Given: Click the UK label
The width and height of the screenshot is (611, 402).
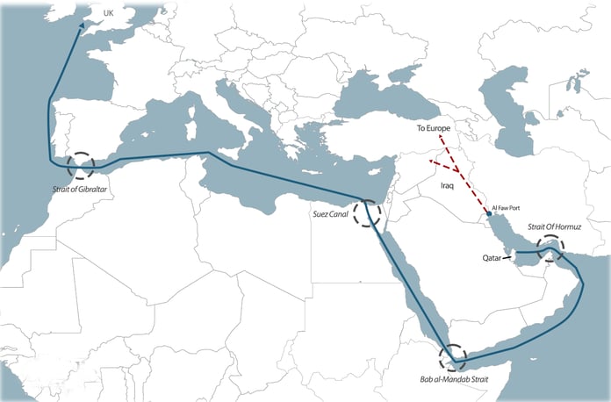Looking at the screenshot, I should point(109,13).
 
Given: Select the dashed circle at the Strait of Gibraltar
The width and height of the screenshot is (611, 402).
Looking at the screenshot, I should point(81,164).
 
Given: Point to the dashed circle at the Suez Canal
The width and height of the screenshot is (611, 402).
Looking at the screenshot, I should point(368,212).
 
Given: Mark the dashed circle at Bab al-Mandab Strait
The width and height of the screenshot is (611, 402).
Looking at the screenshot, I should point(452,356).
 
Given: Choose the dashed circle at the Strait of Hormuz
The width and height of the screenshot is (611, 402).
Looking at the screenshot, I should point(550,250).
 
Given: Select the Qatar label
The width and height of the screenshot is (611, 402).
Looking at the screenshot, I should point(492,259).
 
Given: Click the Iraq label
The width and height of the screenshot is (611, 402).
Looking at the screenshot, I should point(449,187).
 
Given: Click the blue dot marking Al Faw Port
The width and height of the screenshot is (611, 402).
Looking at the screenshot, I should point(489,213).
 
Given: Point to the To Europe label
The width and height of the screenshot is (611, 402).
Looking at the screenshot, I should point(434,129).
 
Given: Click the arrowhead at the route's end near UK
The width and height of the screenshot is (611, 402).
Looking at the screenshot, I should point(82,25).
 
